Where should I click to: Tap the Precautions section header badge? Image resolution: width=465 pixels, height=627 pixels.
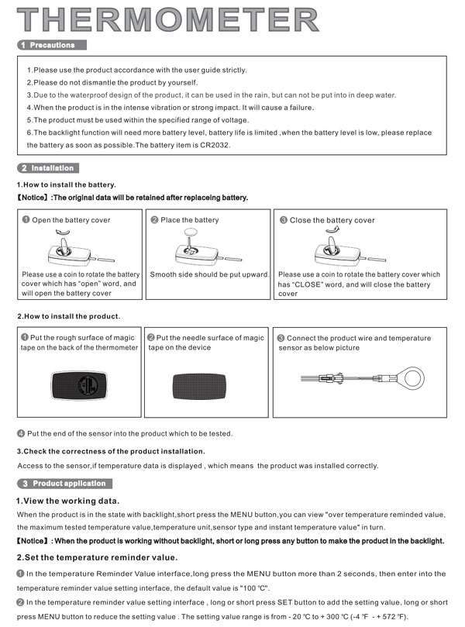tap(52, 45)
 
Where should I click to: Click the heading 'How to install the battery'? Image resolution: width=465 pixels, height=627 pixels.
tap(67, 184)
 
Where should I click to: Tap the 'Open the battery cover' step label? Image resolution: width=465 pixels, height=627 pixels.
tap(71, 220)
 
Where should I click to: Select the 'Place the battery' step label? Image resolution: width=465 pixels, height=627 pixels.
tap(189, 220)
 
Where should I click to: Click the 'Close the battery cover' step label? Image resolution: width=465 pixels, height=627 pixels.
tap(332, 220)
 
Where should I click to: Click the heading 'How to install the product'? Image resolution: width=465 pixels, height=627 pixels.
tap(68, 317)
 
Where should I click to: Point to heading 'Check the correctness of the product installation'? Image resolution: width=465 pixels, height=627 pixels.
tap(111, 451)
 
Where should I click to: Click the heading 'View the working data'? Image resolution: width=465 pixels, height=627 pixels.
tap(68, 501)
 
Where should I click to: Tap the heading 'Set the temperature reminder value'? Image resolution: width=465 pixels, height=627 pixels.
tap(97, 557)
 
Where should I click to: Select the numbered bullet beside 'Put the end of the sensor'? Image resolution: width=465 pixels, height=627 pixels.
tap(21, 433)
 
